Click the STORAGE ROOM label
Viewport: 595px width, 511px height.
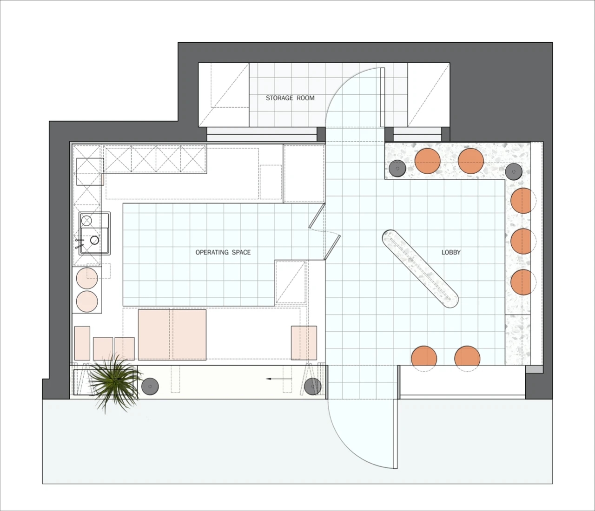point(290,98)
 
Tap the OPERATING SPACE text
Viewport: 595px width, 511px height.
point(223,252)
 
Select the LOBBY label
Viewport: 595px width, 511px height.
point(451,252)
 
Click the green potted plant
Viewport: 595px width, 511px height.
point(115,382)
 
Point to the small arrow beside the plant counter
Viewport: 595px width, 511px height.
point(279,379)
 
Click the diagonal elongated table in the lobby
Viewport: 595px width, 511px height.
point(420,269)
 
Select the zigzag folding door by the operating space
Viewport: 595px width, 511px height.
point(324,232)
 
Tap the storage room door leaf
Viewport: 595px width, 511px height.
point(383,97)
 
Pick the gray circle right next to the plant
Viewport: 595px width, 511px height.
point(150,387)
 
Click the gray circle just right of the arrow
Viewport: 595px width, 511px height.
point(313,387)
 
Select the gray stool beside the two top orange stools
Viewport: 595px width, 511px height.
point(397,168)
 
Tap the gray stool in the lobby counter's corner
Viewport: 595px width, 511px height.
point(514,172)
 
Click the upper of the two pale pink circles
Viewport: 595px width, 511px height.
point(87,278)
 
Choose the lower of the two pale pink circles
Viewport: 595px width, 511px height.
point(87,301)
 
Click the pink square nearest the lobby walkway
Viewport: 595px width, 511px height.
point(304,343)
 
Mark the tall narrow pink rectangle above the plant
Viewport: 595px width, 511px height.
point(82,343)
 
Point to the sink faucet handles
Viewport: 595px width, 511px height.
point(79,243)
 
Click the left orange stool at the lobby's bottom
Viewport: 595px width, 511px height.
point(424,359)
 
